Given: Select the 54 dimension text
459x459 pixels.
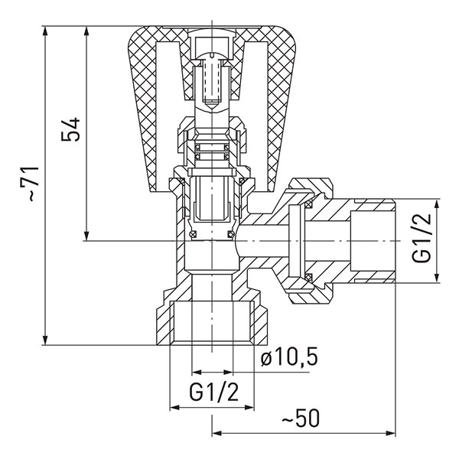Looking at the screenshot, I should (x=71, y=129).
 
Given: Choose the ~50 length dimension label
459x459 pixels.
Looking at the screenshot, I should (x=301, y=419).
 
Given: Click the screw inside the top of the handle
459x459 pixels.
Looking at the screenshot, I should (x=211, y=76).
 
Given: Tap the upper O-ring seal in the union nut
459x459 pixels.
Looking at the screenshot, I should (x=308, y=205).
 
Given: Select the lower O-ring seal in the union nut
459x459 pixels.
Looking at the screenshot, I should (x=308, y=275).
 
